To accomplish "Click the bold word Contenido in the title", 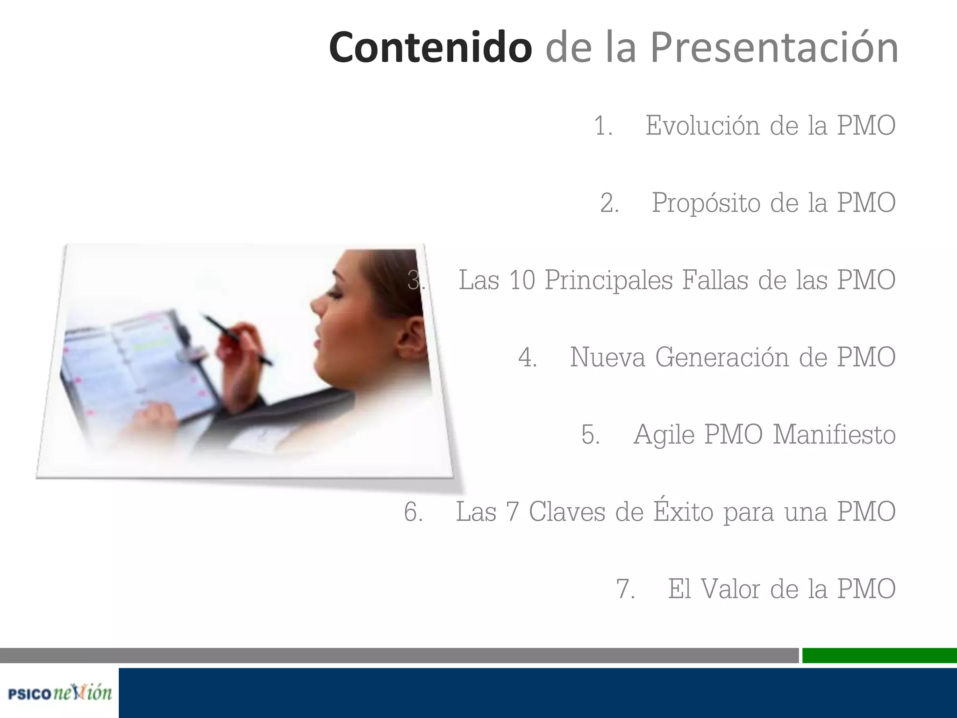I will point(430,47).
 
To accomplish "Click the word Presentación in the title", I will point(774,48).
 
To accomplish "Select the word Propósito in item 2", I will point(706,203).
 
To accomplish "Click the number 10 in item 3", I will point(522,280).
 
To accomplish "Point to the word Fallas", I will point(715,280).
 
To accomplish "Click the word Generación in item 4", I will point(722,357).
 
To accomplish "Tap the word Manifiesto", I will point(834,434).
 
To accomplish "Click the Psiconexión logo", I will point(60,693).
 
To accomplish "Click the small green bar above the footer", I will point(879,655).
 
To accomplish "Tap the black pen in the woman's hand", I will point(238,339).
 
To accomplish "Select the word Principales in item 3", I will point(609,280).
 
